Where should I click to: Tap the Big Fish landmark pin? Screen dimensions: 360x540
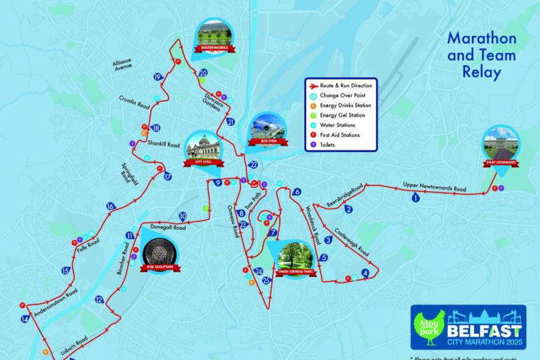(266, 131)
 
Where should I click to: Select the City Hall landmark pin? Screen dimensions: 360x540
(203, 149)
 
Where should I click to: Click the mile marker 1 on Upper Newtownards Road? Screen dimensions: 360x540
(415, 198)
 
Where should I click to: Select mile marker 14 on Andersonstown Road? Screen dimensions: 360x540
(25, 319)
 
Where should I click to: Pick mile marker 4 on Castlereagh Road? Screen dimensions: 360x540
(365, 273)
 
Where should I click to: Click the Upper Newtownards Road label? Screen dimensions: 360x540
(435, 188)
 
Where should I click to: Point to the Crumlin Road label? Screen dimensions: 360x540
(134, 101)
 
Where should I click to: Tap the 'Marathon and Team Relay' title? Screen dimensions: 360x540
(482, 54)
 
